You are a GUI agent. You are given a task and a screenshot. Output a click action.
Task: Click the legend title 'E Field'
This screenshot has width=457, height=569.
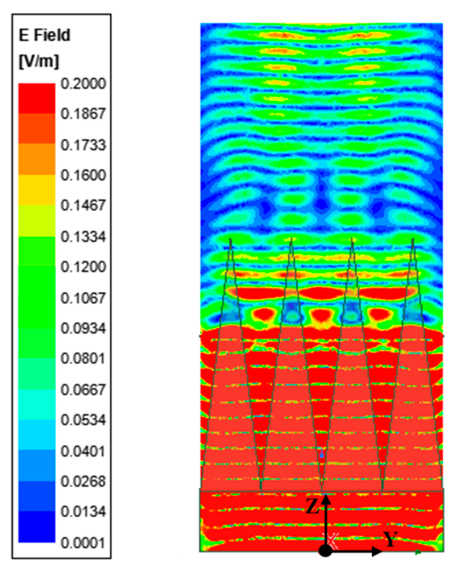[44, 35]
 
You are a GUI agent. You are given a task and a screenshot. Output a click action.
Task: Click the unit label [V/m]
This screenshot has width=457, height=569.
[39, 61]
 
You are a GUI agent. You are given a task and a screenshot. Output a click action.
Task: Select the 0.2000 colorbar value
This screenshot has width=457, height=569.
[83, 84]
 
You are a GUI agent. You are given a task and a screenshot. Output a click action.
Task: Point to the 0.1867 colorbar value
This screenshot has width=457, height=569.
[83, 114]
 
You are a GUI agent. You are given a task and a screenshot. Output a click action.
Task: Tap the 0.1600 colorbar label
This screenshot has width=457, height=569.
[83, 175]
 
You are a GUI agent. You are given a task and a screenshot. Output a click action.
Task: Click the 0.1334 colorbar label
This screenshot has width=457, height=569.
[83, 237]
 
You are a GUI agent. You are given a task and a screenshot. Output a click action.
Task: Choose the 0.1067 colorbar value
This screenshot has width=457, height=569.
[83, 298]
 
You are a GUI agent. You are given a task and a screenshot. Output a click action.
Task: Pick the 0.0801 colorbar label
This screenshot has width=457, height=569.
[83, 359]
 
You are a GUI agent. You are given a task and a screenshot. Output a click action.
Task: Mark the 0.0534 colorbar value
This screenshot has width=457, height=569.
[83, 420]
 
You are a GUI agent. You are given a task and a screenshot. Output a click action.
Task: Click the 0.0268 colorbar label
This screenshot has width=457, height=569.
[83, 481]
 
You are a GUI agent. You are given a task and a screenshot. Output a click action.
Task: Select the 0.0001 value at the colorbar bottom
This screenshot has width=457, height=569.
[83, 543]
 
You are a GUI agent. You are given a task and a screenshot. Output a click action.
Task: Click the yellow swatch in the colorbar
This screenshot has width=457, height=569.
[37, 190]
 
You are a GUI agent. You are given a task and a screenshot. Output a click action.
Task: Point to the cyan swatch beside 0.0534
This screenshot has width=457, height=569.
[37, 435]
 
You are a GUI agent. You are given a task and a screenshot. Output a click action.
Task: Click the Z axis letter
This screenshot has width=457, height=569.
[312, 506]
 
